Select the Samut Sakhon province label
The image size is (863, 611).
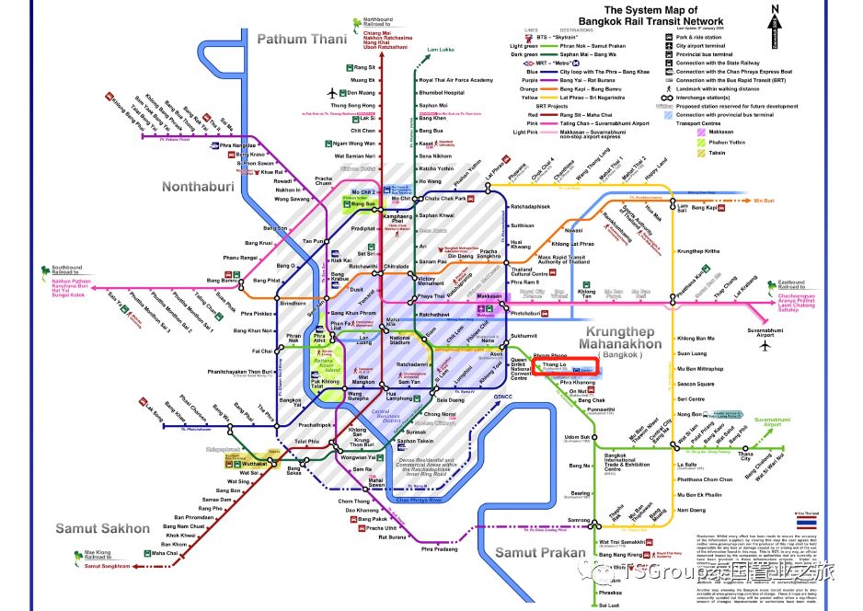pyautogui.click(x=101, y=528)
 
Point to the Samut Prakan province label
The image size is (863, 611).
pyautogui.click(x=540, y=551)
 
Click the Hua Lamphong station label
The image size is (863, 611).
pyautogui.click(x=398, y=396)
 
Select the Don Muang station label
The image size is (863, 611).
pyautogui.click(x=363, y=93)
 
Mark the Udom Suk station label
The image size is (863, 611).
pyautogui.click(x=577, y=438)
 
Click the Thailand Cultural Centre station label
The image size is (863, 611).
pyautogui.click(x=530, y=271)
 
